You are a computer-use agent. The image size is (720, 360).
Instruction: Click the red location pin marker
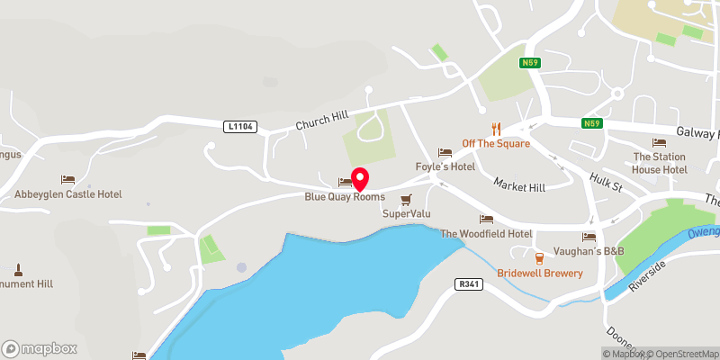(359, 177)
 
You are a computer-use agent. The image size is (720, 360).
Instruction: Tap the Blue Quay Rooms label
(345, 196)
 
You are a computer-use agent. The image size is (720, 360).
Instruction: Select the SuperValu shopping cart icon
(405, 199)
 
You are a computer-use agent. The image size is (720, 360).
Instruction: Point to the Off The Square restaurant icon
(496, 129)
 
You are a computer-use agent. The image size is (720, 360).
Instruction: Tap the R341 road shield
(468, 283)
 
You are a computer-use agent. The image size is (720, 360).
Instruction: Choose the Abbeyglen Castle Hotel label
(67, 194)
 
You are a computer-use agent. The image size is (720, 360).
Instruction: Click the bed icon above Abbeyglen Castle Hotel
(67, 180)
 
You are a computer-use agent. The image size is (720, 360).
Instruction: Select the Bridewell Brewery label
(540, 273)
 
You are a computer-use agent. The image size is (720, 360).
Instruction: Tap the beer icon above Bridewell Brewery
(539, 258)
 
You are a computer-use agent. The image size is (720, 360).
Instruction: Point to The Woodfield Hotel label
(486, 233)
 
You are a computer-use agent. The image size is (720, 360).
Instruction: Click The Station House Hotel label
(660, 163)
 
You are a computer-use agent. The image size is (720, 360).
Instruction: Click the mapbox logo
(40, 348)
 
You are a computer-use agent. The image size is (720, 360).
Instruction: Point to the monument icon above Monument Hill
(17, 269)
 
